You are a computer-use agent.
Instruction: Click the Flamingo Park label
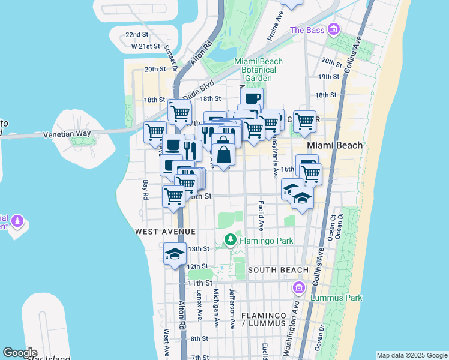coord(267,241)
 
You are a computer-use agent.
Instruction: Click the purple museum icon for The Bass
coord(334,29)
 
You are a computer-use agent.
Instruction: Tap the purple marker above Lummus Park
coord(298,289)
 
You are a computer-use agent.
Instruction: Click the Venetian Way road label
coord(67,134)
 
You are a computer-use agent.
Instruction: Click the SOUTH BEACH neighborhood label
coord(277,271)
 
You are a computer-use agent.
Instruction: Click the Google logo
coord(20,353)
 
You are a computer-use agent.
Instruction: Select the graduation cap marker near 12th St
coord(175,253)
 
